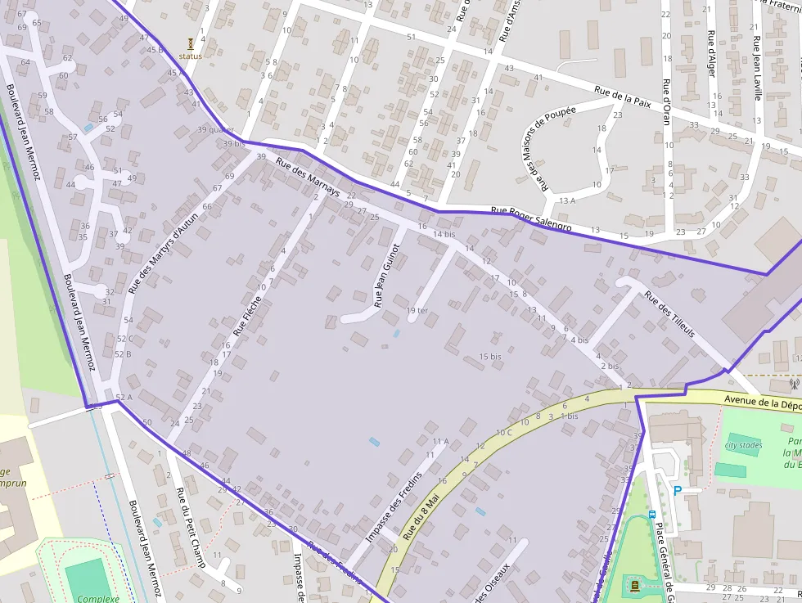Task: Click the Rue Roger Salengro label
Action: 530,218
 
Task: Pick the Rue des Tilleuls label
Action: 669,315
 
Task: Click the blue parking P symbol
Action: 677,491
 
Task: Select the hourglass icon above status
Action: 190,43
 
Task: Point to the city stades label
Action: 743,446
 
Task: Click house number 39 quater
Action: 215,129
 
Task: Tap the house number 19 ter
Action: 417,310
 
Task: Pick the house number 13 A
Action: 567,200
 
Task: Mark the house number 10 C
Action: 503,432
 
